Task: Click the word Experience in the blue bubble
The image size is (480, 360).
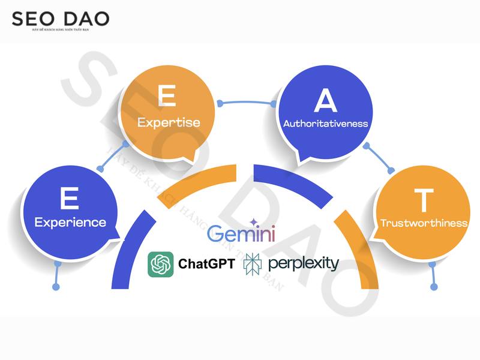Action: pyautogui.click(x=70, y=223)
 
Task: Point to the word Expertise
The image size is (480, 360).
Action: pyautogui.click(x=169, y=122)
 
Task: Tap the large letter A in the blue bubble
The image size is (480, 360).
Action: pyautogui.click(x=326, y=102)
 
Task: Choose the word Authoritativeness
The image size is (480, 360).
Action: pyautogui.click(x=326, y=124)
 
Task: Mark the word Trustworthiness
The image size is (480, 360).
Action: pyautogui.click(x=424, y=223)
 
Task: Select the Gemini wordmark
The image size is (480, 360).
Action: pyautogui.click(x=241, y=233)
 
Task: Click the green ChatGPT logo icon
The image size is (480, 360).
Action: pyautogui.click(x=161, y=264)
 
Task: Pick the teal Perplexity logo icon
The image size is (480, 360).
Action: pyautogui.click(x=252, y=264)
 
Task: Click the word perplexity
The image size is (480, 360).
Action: pyautogui.click(x=304, y=263)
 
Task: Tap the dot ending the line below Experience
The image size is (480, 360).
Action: pyautogui.click(x=56, y=287)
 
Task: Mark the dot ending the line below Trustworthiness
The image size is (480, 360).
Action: pyautogui.click(x=433, y=287)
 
